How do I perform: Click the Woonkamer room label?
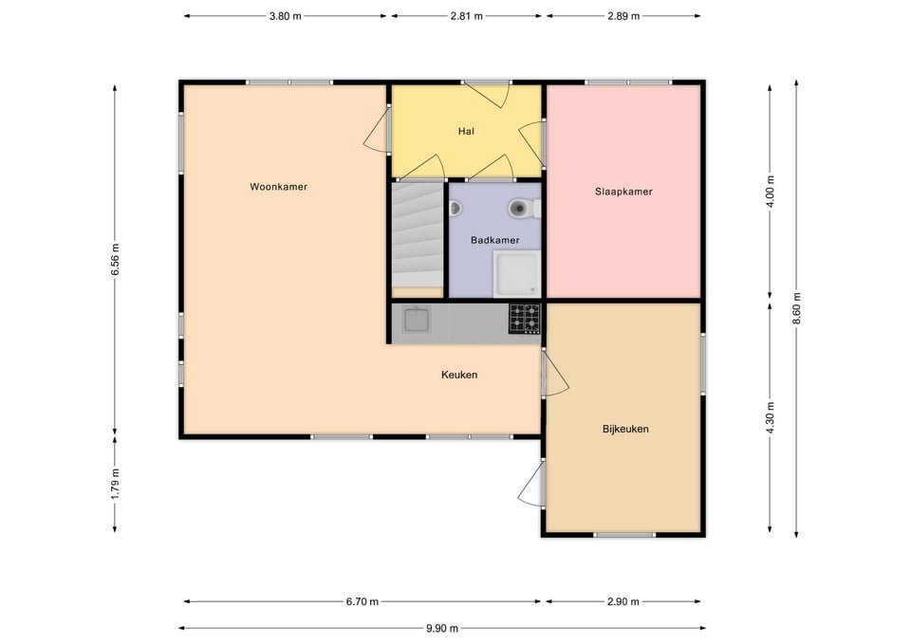[278, 187]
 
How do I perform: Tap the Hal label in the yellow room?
[465, 131]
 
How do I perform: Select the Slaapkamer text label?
[623, 192]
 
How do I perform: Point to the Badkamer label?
[494, 240]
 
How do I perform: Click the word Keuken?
[459, 375]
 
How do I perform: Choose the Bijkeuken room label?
[625, 429]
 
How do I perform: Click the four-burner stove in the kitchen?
[524, 319]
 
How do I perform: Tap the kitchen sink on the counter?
[417, 320]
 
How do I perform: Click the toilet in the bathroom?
[518, 207]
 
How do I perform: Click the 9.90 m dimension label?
[442, 628]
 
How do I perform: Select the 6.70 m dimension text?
[363, 601]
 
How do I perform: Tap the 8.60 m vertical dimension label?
[797, 309]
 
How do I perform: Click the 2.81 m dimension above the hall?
[465, 16]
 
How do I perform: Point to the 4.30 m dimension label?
[770, 417]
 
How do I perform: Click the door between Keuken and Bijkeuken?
[554, 376]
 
